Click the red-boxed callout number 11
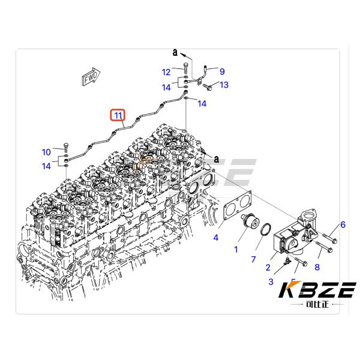118,115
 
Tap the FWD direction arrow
91,77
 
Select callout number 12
166,73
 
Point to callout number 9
222,71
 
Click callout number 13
224,85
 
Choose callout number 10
46,152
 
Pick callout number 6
343,224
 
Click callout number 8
317,267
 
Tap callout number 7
253,259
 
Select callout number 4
216,238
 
